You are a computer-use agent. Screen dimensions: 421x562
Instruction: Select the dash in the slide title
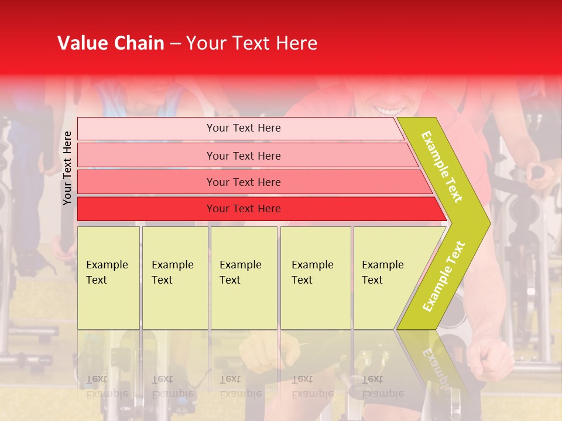(x=175, y=44)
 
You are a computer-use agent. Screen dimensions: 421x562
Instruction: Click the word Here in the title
(x=296, y=43)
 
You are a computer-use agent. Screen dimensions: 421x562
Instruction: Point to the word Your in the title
(x=205, y=43)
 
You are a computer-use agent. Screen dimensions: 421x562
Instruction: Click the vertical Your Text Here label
(x=67, y=168)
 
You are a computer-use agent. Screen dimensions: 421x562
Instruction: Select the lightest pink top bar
(x=244, y=128)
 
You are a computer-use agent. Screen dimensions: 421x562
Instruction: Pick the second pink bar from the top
(x=244, y=156)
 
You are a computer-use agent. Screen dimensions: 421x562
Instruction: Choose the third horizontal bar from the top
(x=244, y=182)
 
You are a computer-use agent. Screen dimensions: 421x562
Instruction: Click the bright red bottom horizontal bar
(x=244, y=209)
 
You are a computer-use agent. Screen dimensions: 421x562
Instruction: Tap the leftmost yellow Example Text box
(x=108, y=277)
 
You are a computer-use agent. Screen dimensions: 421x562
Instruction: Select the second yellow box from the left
(x=174, y=277)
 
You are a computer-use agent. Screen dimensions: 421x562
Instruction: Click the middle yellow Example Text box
(x=244, y=277)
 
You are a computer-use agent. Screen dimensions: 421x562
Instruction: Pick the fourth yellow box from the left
(x=316, y=277)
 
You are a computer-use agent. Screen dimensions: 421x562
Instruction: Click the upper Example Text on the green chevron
(x=443, y=167)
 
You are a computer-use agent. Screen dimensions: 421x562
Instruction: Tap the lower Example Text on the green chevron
(x=444, y=276)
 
